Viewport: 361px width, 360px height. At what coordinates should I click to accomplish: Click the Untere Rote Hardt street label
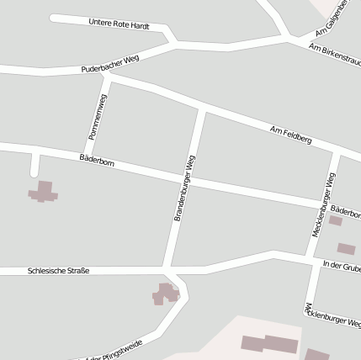(x=119, y=25)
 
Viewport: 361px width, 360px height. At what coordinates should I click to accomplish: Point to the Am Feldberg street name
(x=290, y=135)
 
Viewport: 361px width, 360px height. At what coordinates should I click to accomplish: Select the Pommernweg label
(x=96, y=116)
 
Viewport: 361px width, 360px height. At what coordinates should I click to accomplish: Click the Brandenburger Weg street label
(x=185, y=188)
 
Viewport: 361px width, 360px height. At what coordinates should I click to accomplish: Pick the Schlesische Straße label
(x=58, y=271)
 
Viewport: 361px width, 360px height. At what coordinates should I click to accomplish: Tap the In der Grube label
(x=342, y=267)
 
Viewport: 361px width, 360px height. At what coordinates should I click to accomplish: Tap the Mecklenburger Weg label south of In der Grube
(x=332, y=315)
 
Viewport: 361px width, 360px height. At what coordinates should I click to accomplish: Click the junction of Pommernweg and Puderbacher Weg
(x=107, y=77)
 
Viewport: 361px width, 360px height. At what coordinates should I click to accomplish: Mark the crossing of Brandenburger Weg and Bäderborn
(x=190, y=178)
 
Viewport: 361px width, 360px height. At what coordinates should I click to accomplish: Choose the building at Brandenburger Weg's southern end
(x=166, y=294)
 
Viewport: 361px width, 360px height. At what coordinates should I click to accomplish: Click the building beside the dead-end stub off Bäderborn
(x=43, y=193)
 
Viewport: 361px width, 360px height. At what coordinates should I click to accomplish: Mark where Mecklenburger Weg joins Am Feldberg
(x=337, y=155)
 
